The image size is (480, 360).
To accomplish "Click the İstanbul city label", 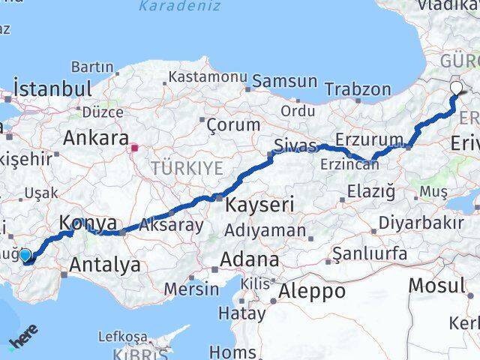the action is tap(52, 88).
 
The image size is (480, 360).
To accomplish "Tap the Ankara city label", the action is tap(95, 138).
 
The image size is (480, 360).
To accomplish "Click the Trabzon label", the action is tap(364, 89).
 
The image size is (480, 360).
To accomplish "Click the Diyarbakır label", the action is tap(419, 223).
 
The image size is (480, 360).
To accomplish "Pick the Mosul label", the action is tap(437, 285).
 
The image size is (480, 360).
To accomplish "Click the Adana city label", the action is tap(250, 260).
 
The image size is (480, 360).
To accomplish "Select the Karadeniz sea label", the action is tap(180, 7).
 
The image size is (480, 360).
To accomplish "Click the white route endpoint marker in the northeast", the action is tap(456, 88).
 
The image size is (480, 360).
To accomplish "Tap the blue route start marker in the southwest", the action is tap(25, 256).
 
